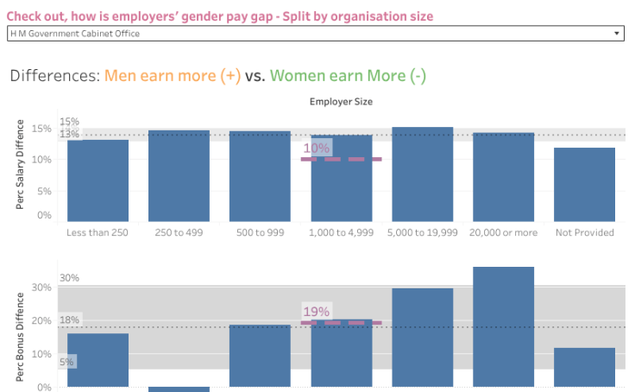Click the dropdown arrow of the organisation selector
617,33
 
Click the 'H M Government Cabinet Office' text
75,33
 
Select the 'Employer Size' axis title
341,102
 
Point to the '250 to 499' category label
179,232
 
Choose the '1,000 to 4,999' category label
341,232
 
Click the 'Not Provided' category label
584,232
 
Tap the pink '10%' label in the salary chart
316,149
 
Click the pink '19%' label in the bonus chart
316,312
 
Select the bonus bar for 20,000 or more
503,328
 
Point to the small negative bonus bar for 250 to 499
179,389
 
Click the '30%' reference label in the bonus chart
69,278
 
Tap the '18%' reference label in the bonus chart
69,320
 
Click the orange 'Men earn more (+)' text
173,76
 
